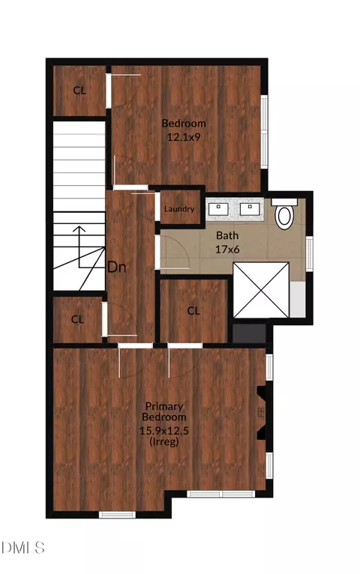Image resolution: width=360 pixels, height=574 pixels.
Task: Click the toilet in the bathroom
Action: point(284,214)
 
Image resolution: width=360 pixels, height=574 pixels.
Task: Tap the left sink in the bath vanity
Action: point(218,209)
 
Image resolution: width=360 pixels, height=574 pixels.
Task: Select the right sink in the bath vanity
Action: point(250,209)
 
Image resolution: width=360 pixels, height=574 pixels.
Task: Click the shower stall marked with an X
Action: point(261,290)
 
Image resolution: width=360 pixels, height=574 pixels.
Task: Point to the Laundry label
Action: point(179,209)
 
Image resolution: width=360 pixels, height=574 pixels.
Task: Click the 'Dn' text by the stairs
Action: point(117,268)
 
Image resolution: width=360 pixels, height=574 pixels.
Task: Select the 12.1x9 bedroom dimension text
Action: point(184,137)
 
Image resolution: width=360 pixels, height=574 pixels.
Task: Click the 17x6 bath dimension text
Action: point(227,250)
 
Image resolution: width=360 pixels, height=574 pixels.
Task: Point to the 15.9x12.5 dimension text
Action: point(164,430)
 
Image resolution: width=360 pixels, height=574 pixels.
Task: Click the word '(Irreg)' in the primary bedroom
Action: point(164,441)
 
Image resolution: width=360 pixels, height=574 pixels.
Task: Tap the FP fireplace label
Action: point(261,413)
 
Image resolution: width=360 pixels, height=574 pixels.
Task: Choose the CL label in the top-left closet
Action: point(79,90)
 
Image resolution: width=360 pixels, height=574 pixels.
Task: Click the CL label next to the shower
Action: point(193,311)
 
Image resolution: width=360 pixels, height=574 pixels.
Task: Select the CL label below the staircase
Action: point(77,319)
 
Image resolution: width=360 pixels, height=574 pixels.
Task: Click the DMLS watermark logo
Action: point(23,548)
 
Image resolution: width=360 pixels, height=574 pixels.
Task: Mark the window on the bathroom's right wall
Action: point(310,254)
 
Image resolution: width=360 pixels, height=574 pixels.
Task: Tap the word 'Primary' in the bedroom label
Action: point(164,407)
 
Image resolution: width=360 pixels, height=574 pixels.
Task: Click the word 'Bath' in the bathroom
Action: point(227,235)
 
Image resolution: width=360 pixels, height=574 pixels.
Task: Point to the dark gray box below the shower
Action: point(250,333)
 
